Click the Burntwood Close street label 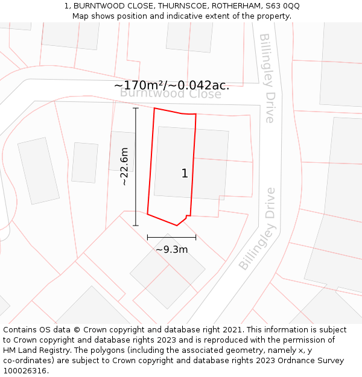tap(171, 93)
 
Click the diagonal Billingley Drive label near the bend tap(258, 229)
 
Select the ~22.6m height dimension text tap(124, 166)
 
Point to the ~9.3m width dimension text tap(172, 249)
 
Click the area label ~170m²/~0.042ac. tap(171, 85)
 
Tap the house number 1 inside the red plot tap(185, 174)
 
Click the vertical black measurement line tap(136, 166)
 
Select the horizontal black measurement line tap(171, 237)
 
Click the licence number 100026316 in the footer tap(25, 371)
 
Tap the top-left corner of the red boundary tap(154, 109)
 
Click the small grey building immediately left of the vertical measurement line tap(84, 162)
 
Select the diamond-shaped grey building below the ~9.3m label tap(168, 271)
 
